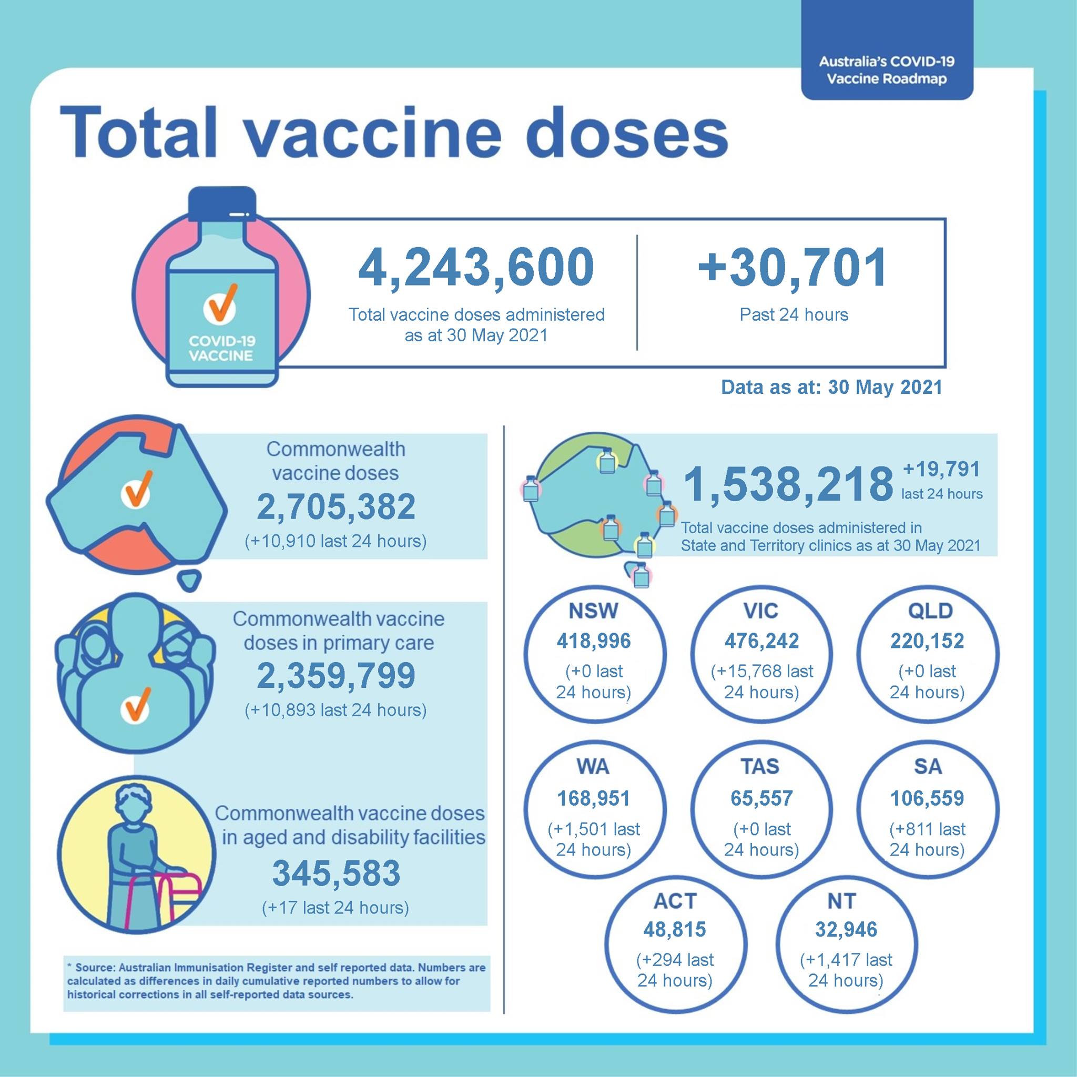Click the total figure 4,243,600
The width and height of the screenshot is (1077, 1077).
pyautogui.click(x=476, y=268)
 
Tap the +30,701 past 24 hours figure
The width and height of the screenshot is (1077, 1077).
pyautogui.click(x=792, y=267)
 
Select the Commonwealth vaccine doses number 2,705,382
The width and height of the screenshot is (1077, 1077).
pyautogui.click(x=336, y=507)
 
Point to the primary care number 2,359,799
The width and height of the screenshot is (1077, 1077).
pyautogui.click(x=336, y=675)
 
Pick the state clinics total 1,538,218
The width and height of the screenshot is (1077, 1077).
pyautogui.click(x=788, y=484)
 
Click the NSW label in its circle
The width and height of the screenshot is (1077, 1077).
pyautogui.click(x=593, y=611)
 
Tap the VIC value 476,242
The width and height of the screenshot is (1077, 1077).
pyautogui.click(x=761, y=641)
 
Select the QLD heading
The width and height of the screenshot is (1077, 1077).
pyautogui.click(x=930, y=611)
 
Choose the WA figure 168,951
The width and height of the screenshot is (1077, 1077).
pyautogui.click(x=593, y=798)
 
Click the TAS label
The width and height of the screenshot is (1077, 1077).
pyautogui.click(x=761, y=767)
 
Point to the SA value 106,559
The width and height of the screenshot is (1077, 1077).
pyautogui.click(x=927, y=798)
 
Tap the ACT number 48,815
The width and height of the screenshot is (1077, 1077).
pyautogui.click(x=675, y=930)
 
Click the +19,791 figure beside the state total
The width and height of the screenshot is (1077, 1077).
pyautogui.click(x=941, y=470)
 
